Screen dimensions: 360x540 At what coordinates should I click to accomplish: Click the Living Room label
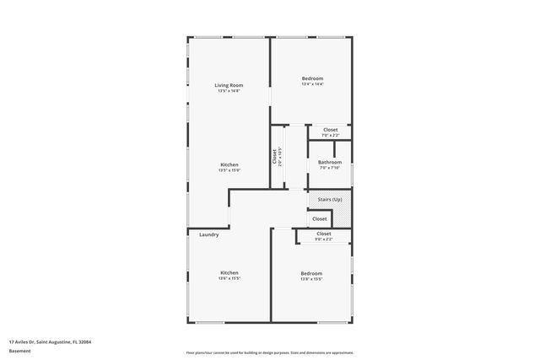229,85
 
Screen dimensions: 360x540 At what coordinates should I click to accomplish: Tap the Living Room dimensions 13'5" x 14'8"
229,91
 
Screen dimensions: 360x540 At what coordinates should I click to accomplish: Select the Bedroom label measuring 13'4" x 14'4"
312,78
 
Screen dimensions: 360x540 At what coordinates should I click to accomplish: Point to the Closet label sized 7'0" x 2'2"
330,130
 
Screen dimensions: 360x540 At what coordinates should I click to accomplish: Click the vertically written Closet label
274,156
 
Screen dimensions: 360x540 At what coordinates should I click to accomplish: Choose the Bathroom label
329,162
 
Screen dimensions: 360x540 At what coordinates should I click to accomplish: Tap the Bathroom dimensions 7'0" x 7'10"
329,168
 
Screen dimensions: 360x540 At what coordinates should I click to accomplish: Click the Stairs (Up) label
330,199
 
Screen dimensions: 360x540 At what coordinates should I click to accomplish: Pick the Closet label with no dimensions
320,218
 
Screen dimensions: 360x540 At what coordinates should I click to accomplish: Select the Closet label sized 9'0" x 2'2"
324,234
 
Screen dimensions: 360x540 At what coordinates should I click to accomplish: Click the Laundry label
209,234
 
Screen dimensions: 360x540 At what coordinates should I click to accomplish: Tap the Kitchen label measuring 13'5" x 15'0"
229,164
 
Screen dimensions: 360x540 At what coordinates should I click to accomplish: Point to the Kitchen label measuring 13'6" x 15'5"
229,272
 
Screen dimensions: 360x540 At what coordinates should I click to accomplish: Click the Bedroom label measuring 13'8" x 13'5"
311,273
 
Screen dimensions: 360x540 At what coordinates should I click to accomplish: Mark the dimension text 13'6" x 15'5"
229,278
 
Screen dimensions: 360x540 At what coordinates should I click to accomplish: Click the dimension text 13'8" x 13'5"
311,279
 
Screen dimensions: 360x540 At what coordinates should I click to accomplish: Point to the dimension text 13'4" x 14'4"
312,84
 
